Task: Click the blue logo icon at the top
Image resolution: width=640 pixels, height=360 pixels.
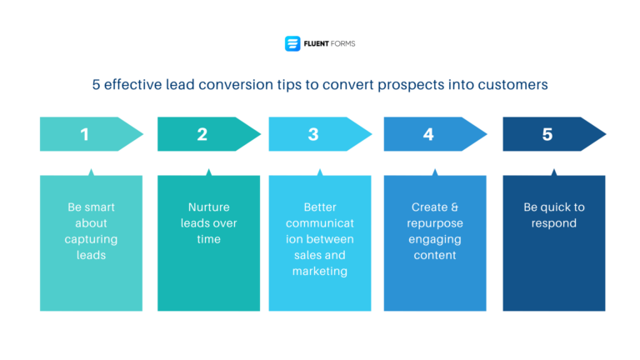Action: click(292, 43)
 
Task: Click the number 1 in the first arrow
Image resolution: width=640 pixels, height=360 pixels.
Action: click(84, 134)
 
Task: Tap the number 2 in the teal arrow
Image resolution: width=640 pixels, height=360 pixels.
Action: click(202, 134)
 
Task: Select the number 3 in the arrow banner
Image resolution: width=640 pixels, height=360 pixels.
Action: click(313, 134)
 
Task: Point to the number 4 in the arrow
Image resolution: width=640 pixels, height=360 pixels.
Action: click(428, 134)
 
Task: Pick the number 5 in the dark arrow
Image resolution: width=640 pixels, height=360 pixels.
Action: click(547, 134)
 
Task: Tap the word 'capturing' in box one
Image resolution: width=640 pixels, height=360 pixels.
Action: click(92, 239)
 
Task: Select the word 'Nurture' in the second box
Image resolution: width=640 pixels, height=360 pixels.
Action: click(208, 207)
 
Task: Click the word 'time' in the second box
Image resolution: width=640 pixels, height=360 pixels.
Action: click(208, 239)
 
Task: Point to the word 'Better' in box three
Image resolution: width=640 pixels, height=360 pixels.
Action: click(320, 207)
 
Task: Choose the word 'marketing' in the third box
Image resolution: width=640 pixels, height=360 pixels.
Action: click(320, 271)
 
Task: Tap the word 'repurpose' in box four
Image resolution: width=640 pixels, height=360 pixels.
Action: click(435, 223)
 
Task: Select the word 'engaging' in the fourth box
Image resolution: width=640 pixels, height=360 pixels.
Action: click(435, 239)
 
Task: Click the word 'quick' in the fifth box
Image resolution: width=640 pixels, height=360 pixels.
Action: click(555, 207)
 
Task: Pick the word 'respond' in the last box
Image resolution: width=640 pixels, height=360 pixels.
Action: click(553, 223)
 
